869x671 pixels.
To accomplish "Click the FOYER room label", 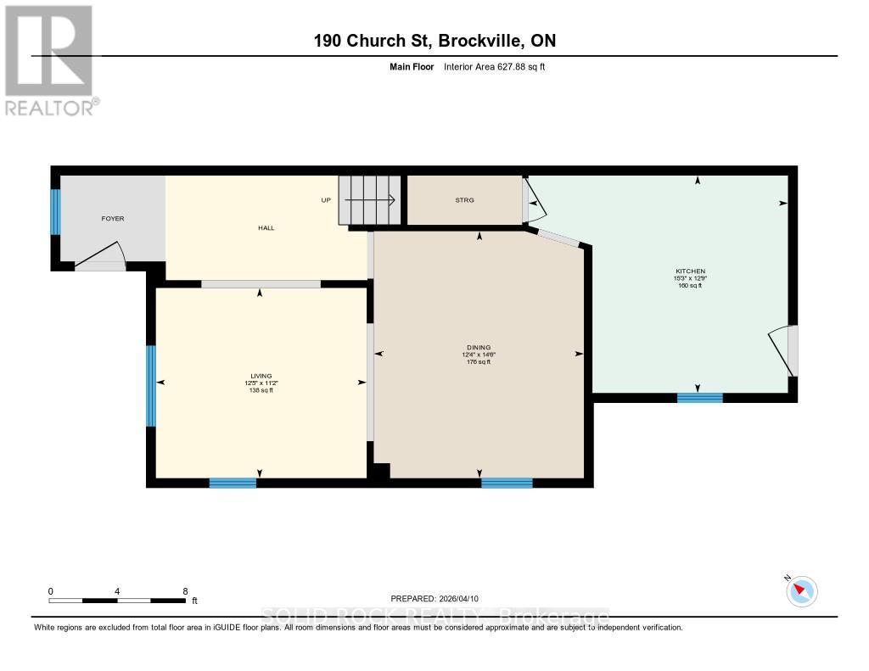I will [113, 219].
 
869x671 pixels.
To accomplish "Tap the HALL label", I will [266, 227].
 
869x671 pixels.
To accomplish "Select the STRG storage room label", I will [464, 200].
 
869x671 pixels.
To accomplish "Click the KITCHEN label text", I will [690, 271].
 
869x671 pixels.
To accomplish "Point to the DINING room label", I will [479, 349].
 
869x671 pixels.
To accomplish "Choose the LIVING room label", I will [260, 377].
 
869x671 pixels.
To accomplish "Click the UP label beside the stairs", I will [325, 201].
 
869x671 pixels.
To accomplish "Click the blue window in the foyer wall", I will [56, 211].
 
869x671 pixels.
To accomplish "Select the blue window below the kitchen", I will [700, 397].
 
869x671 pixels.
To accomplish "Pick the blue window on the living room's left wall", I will [151, 386].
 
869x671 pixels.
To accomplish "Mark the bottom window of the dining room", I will [507, 484].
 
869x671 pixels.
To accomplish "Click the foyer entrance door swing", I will [102, 254].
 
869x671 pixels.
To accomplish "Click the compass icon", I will [802, 591].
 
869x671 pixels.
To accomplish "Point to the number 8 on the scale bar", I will [185, 591].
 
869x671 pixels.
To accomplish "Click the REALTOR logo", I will [49, 59].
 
